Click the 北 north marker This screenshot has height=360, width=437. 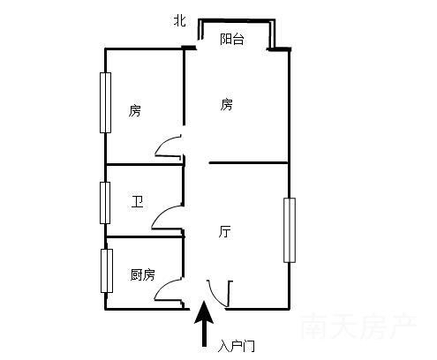179,21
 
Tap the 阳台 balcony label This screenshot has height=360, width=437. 232,39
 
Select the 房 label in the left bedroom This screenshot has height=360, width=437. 135,111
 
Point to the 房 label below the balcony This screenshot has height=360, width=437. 226,105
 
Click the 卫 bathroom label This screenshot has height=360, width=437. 137,202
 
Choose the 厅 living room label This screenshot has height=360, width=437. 225,231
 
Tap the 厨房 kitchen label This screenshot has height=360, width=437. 142,274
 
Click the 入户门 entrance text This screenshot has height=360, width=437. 236,346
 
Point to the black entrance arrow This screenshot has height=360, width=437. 204,324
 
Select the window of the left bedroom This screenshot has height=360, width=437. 105,102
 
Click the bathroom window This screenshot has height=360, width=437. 105,203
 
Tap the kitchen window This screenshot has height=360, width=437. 107,271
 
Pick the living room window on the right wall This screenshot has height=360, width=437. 290,230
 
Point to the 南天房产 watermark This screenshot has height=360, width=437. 358,326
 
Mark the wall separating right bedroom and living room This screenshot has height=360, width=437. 248,162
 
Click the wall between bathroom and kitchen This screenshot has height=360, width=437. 144,236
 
